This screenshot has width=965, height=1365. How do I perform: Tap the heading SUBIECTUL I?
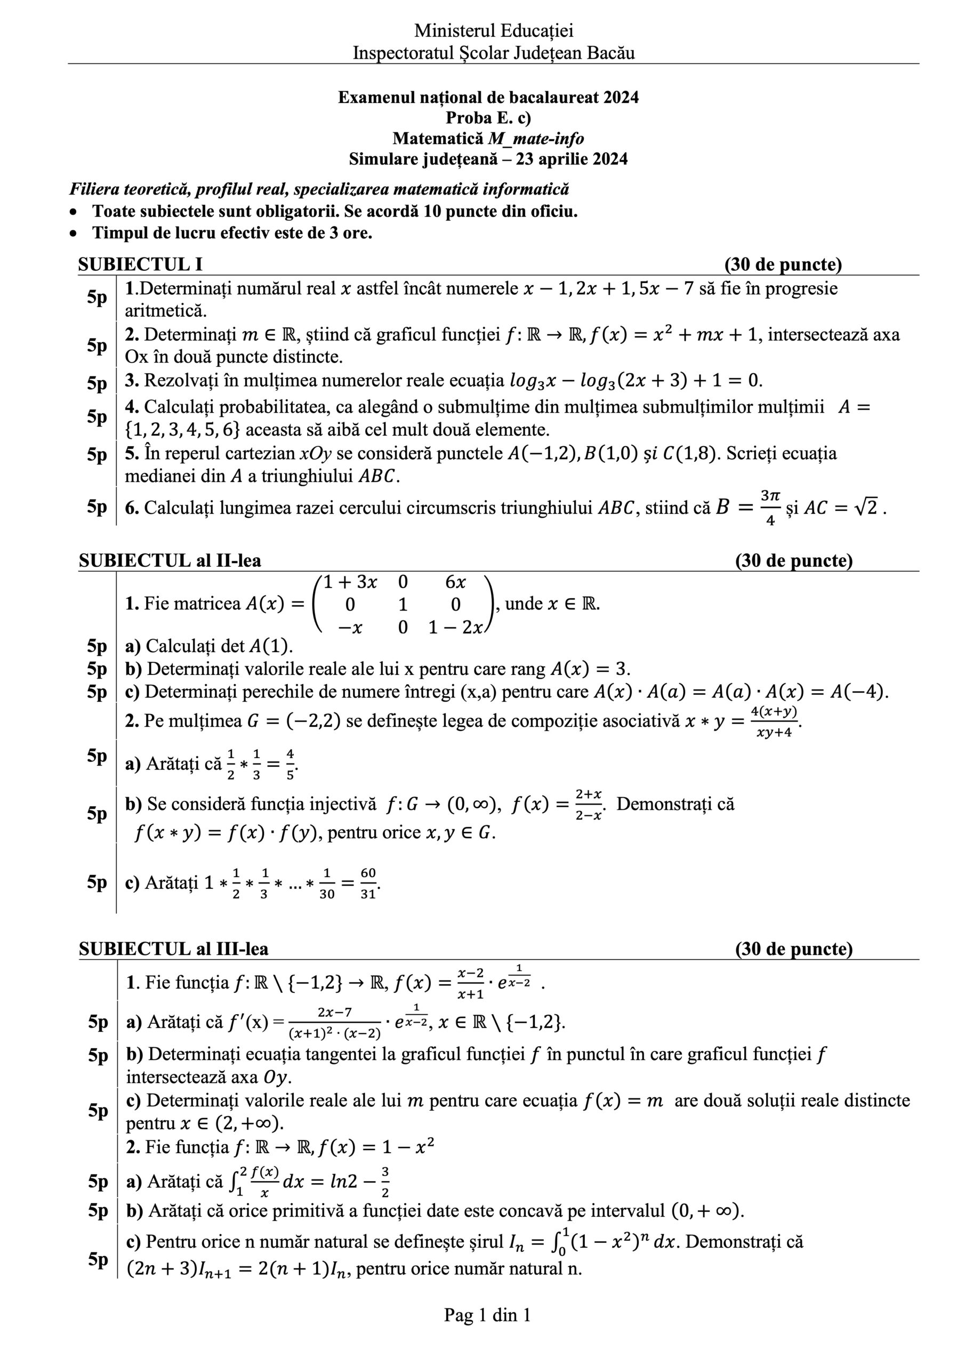coord(140,264)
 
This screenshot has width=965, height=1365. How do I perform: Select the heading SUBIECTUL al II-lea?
coord(170,560)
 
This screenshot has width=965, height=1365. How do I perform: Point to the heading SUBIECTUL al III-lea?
coord(174,949)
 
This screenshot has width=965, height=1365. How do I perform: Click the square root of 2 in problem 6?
coord(868,508)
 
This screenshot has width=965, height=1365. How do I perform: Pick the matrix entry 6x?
coord(455,583)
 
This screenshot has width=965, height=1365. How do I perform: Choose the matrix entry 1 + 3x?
coord(350,583)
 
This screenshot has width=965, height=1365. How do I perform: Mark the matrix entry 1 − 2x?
coord(455,627)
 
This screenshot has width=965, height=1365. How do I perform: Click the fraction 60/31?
coord(368,883)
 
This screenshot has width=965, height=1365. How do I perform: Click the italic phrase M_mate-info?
coord(536,139)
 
